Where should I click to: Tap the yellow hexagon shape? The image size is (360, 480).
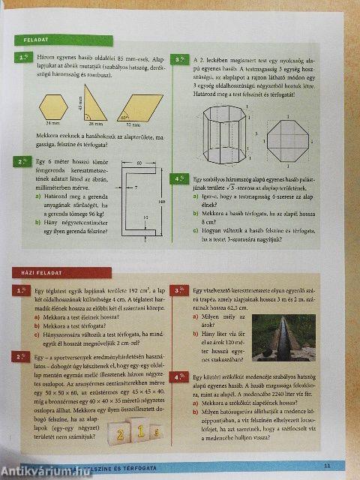(x=53, y=107)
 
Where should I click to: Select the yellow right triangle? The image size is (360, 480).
(x=93, y=104)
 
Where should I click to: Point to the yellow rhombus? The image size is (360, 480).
(x=139, y=108)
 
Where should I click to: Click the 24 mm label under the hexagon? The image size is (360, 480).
(x=52, y=124)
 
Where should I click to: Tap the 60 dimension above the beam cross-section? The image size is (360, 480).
(x=139, y=163)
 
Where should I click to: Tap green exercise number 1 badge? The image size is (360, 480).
(x=25, y=58)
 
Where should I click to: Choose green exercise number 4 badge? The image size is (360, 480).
(x=180, y=179)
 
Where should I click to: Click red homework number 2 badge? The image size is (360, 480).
(x=25, y=356)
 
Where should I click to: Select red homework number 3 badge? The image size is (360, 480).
(x=180, y=290)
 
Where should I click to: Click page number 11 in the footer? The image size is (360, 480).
(x=327, y=465)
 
